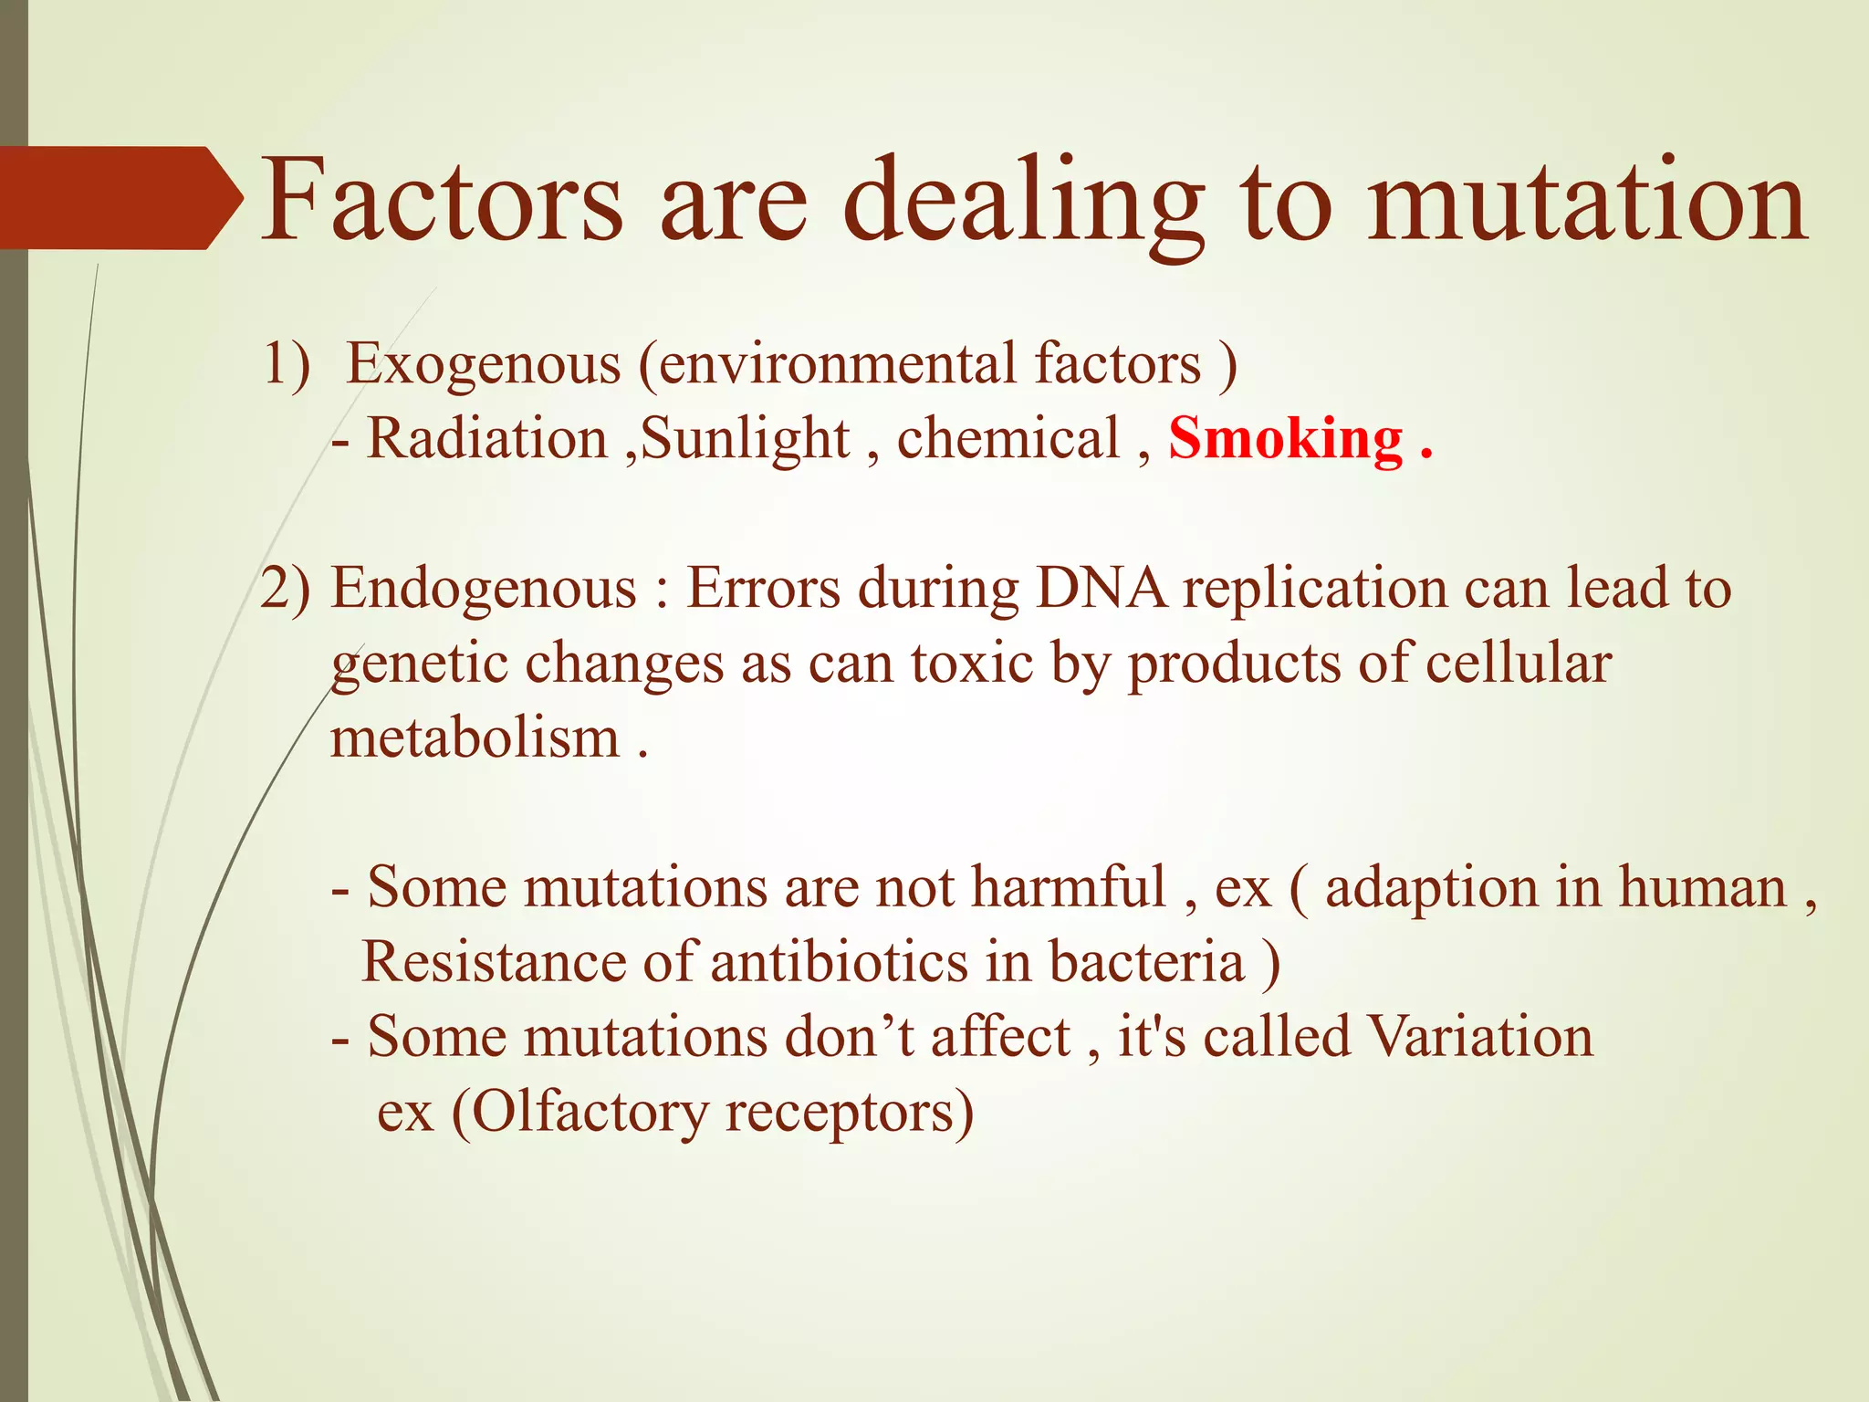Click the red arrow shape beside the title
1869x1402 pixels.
click(119, 198)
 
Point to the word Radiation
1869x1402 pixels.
click(486, 439)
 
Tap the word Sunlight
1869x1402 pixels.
click(745, 439)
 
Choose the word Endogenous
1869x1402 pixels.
click(484, 589)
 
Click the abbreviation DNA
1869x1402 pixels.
click(1101, 589)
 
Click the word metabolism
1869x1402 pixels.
click(475, 738)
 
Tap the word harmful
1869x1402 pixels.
click(1068, 887)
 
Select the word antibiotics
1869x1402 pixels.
click(839, 962)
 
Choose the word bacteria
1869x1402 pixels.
click(1146, 962)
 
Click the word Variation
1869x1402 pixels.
click(1479, 1037)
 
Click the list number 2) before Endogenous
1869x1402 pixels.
click(286, 589)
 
